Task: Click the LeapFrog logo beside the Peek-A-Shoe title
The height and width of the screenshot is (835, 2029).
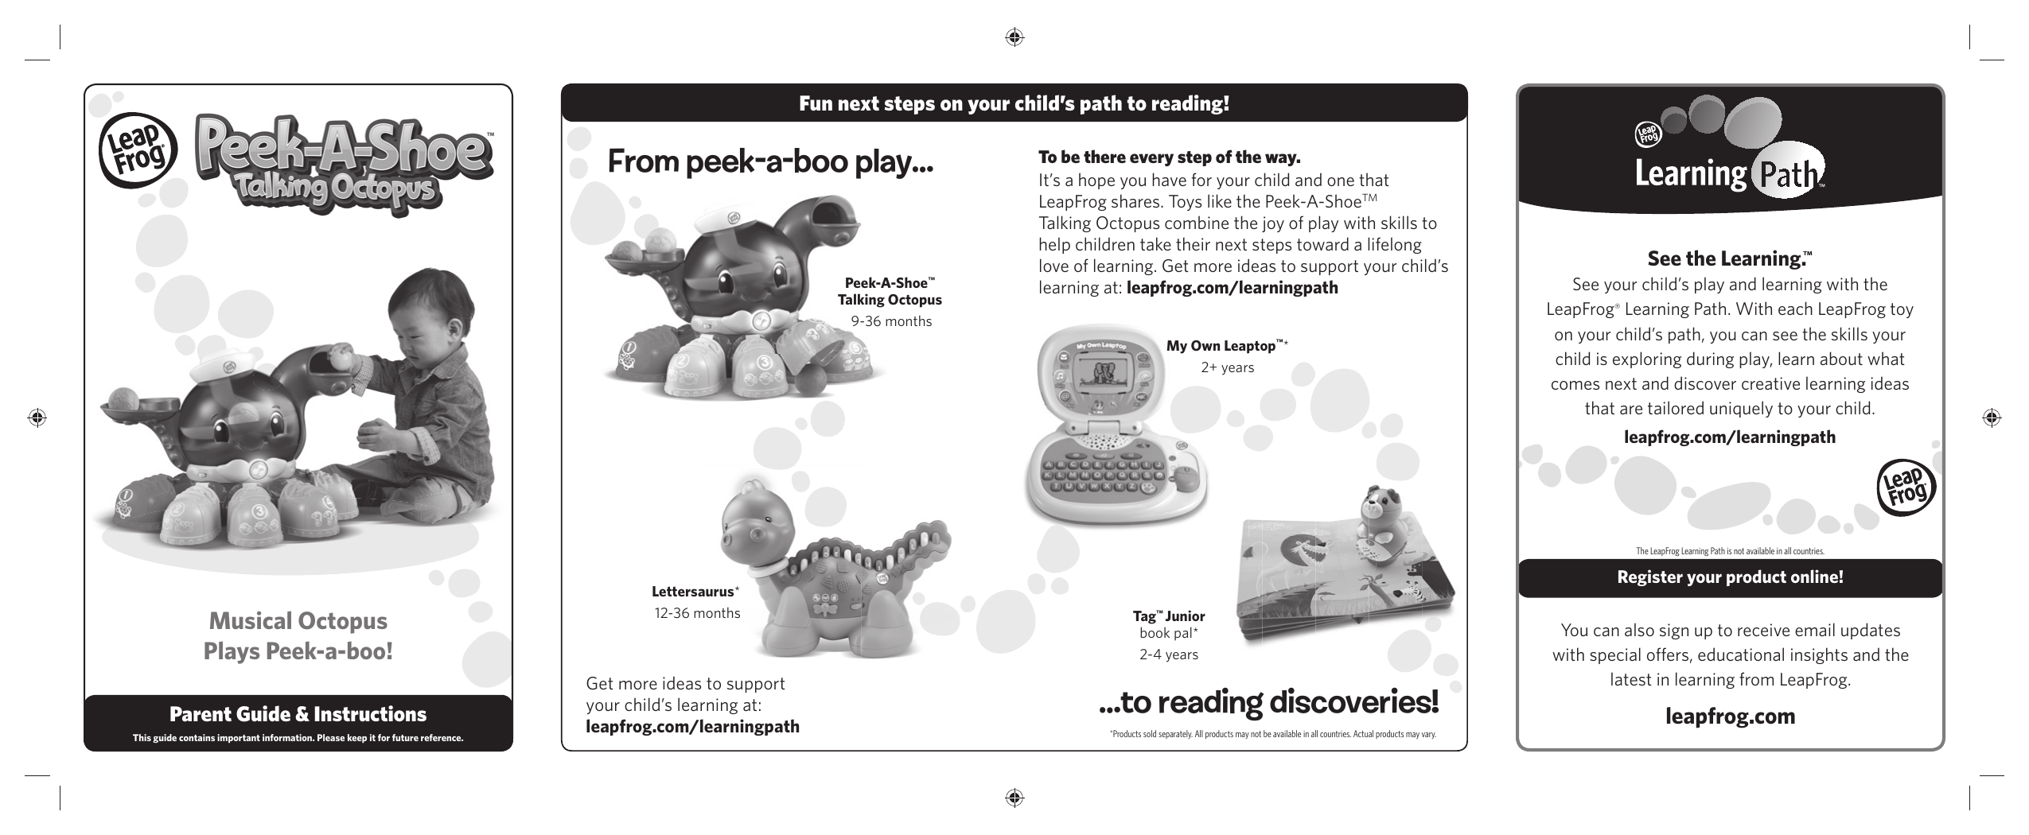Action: [133, 150]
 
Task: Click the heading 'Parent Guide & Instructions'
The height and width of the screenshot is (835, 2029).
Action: [298, 714]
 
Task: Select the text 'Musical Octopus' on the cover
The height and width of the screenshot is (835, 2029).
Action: [298, 621]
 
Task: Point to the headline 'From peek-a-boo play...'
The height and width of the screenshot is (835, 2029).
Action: [769, 162]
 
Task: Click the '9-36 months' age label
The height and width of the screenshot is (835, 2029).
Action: [890, 321]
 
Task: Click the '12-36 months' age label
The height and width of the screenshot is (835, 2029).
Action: [697, 613]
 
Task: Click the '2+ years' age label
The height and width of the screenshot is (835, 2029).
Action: [1227, 367]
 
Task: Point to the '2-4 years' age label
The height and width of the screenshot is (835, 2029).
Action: [1168, 654]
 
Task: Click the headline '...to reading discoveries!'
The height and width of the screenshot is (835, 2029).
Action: [1268, 702]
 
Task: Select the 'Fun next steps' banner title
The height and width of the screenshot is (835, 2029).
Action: [1014, 104]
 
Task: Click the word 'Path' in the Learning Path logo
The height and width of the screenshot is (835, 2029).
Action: [1786, 175]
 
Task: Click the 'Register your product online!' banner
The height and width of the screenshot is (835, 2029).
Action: [1729, 577]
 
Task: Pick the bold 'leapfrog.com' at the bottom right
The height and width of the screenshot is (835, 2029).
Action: [1730, 717]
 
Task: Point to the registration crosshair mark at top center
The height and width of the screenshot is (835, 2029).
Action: [1014, 37]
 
